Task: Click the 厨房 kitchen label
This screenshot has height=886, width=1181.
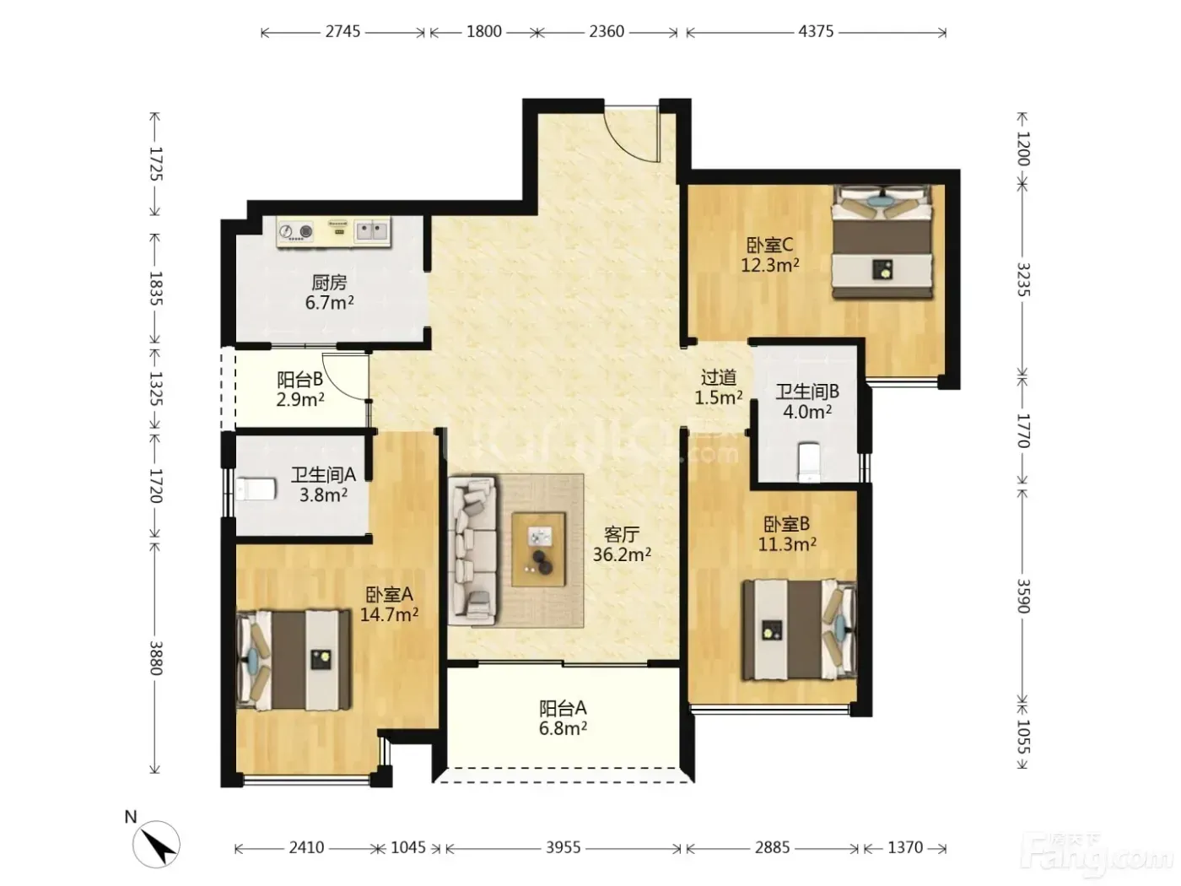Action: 329,282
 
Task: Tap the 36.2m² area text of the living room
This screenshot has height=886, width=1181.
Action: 622,554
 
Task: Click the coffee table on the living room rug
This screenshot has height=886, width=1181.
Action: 538,549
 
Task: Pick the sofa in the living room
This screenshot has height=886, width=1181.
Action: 472,551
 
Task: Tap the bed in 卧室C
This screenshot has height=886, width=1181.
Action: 882,241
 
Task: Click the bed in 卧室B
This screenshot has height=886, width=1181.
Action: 800,629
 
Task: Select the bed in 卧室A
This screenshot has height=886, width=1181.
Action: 294,660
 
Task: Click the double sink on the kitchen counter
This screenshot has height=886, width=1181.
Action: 372,231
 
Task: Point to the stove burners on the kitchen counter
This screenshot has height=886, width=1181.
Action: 295,231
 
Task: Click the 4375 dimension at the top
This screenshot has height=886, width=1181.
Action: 816,32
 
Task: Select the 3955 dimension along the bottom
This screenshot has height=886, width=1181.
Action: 564,848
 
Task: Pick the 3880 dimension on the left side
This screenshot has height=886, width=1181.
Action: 156,658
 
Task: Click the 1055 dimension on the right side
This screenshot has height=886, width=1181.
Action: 1022,737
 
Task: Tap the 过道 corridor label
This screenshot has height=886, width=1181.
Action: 718,378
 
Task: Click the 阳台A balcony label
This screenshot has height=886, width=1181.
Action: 563,708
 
